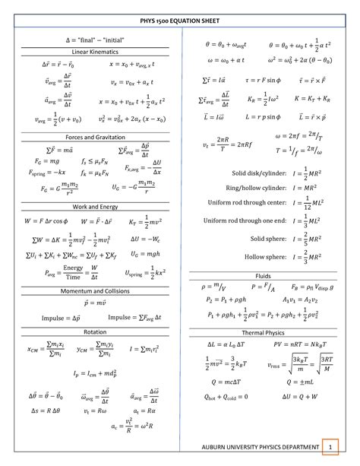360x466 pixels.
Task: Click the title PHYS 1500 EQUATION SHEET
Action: tap(180, 23)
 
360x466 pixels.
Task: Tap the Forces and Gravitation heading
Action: tap(90, 137)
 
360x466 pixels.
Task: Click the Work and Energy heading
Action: tap(90, 206)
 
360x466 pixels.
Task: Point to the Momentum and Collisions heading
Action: tap(90, 291)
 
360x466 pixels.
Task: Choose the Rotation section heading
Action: tap(90, 332)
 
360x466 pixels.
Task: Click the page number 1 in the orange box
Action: tap(329, 445)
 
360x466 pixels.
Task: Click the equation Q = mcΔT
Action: tap(227, 380)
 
